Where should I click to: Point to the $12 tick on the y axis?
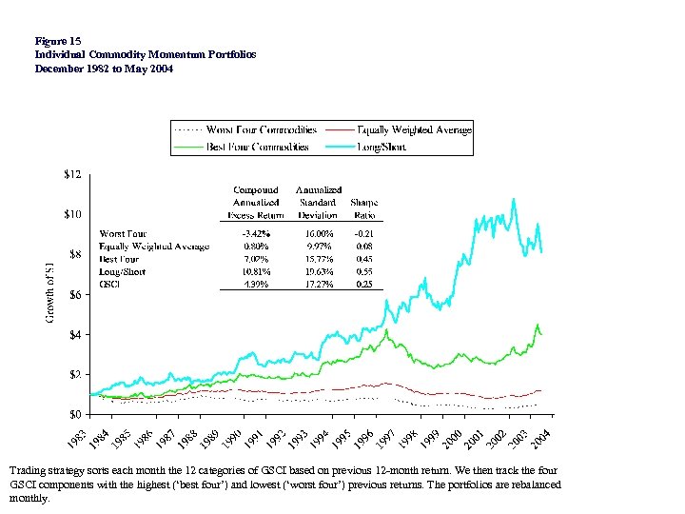click(73, 174)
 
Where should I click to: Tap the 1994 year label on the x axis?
click(321, 440)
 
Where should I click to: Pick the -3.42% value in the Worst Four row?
click(256, 233)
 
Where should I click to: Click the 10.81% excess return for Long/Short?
click(256, 271)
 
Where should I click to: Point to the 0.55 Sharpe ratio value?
click(363, 271)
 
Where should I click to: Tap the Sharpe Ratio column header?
click(363, 208)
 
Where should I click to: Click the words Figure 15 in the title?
click(57, 41)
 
